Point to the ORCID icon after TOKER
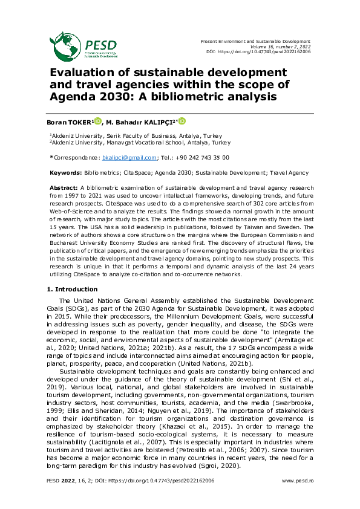pyautogui.click(x=98, y=122)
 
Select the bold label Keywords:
pyautogui.click(x=66, y=173)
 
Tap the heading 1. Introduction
pyautogui.click(x=72, y=290)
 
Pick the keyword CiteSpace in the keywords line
pyautogui.click(x=124, y=173)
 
